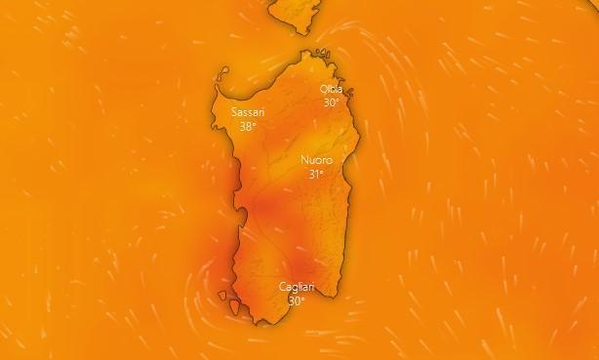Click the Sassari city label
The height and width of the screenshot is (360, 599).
click(x=248, y=113)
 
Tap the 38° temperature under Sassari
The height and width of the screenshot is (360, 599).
click(x=248, y=127)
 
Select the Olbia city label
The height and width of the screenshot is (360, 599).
click(x=332, y=89)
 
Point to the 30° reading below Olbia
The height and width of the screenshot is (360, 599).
click(x=332, y=102)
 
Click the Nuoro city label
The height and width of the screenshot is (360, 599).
click(x=316, y=160)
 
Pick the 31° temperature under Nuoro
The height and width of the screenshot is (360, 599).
click(x=315, y=175)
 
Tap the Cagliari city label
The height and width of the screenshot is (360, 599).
click(x=297, y=287)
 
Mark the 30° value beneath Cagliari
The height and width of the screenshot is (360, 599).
click(x=296, y=300)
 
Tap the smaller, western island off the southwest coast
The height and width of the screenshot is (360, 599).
click(x=224, y=296)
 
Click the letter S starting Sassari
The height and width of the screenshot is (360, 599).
click(x=234, y=113)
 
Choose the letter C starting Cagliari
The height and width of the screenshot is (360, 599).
click(x=282, y=287)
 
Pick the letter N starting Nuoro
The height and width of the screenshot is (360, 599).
click(x=303, y=160)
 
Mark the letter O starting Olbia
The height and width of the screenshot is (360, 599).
click(x=323, y=89)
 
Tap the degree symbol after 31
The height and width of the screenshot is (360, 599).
click(x=322, y=172)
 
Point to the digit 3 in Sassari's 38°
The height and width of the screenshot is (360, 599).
click(x=243, y=127)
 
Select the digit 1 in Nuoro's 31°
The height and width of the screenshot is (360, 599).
click(x=316, y=175)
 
